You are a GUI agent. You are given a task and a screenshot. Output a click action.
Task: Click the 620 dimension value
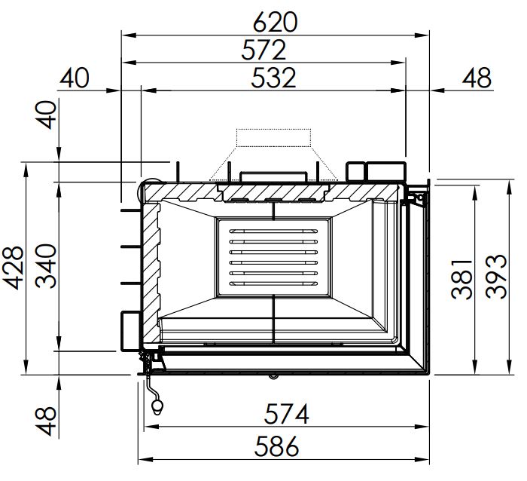click(275, 22)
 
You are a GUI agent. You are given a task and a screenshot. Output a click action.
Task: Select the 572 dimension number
click(263, 50)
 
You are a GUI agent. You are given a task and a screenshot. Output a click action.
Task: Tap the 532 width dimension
click(273, 78)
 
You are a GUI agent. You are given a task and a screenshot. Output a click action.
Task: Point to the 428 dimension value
click(13, 268)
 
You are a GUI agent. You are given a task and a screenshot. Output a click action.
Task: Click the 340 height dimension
click(46, 266)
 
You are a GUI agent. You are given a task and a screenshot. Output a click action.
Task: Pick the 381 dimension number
click(461, 280)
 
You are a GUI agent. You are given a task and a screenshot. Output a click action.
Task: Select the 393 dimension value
click(496, 277)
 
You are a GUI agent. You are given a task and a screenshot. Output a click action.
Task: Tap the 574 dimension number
click(286, 414)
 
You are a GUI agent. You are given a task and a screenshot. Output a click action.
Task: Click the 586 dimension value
click(276, 446)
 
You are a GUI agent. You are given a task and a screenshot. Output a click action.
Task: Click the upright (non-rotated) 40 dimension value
click(75, 78)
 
